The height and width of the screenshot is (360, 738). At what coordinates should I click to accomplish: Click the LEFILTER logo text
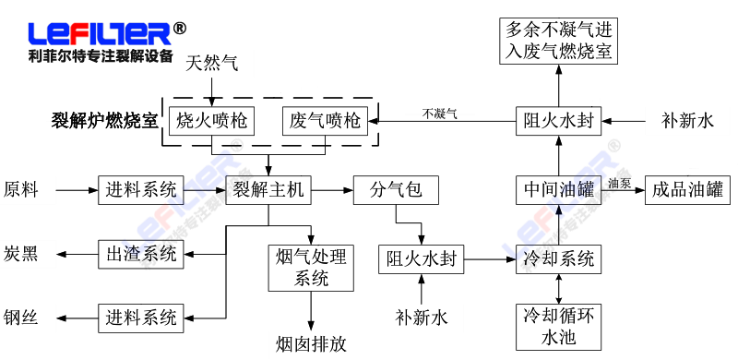click(100, 34)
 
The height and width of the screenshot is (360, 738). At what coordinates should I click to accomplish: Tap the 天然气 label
click(212, 64)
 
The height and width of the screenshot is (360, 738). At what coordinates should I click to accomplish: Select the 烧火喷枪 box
click(211, 120)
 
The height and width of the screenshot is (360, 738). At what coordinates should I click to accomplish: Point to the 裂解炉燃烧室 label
click(104, 121)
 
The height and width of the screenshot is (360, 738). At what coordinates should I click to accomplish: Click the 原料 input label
click(21, 190)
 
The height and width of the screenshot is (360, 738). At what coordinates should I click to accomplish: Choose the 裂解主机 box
click(268, 190)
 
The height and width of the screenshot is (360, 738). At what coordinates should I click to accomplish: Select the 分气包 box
click(396, 190)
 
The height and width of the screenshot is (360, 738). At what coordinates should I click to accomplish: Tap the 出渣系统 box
click(137, 253)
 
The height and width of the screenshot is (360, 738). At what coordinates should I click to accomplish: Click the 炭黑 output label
click(21, 254)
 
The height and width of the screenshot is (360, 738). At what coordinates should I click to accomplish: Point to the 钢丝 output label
click(21, 318)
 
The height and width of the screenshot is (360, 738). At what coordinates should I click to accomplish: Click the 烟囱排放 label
click(311, 343)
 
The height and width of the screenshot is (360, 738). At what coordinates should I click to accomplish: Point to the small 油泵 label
click(620, 183)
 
